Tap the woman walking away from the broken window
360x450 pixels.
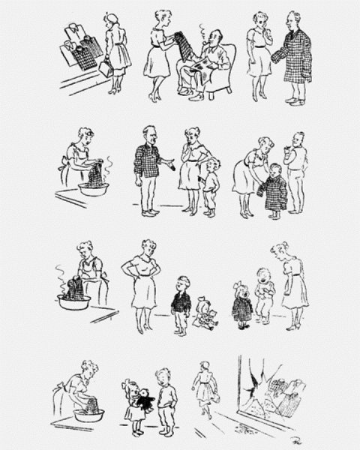click(204, 390)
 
